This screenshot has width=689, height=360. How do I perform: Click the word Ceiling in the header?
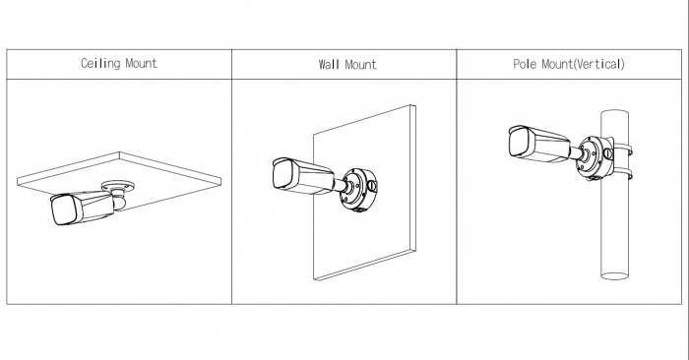pyautogui.click(x=100, y=63)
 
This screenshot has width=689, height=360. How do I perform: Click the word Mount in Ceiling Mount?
pyautogui.click(x=141, y=63)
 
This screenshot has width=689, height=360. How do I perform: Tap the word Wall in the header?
pyautogui.click(x=329, y=65)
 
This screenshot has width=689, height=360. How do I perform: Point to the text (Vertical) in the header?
pyautogui.click(x=598, y=64)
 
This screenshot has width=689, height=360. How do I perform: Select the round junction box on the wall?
pyautogui.click(x=358, y=189)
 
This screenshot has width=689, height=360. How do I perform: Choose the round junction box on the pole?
pyautogui.click(x=595, y=157)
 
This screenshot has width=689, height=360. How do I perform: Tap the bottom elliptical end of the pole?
pyautogui.click(x=615, y=276)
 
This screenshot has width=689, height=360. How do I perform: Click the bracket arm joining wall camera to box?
pyautogui.click(x=342, y=185)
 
